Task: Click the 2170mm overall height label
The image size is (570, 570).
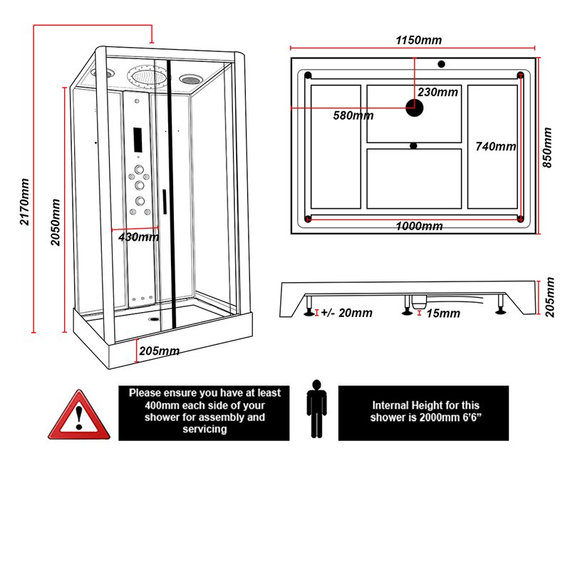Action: [24, 202]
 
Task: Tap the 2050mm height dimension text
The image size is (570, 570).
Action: [56, 222]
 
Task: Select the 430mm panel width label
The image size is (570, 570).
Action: [138, 237]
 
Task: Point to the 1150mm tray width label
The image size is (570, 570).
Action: [419, 39]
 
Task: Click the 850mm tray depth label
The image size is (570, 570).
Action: [546, 147]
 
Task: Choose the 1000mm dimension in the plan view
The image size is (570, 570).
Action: [419, 227]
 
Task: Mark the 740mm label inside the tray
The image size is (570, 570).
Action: [495, 147]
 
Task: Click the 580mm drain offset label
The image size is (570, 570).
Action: [353, 115]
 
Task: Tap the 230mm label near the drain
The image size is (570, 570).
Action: [437, 92]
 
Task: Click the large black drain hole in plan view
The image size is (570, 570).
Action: [414, 108]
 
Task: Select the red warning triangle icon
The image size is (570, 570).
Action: [79, 415]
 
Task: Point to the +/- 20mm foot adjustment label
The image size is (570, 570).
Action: [346, 313]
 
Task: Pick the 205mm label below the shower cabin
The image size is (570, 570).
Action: [159, 351]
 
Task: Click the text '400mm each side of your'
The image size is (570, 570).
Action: [204, 405]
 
